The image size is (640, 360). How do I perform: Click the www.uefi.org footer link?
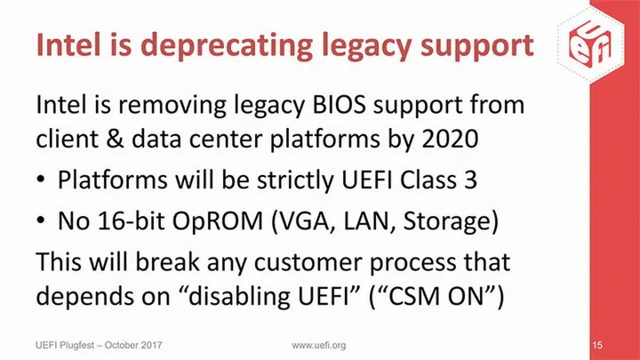[x=319, y=343]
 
